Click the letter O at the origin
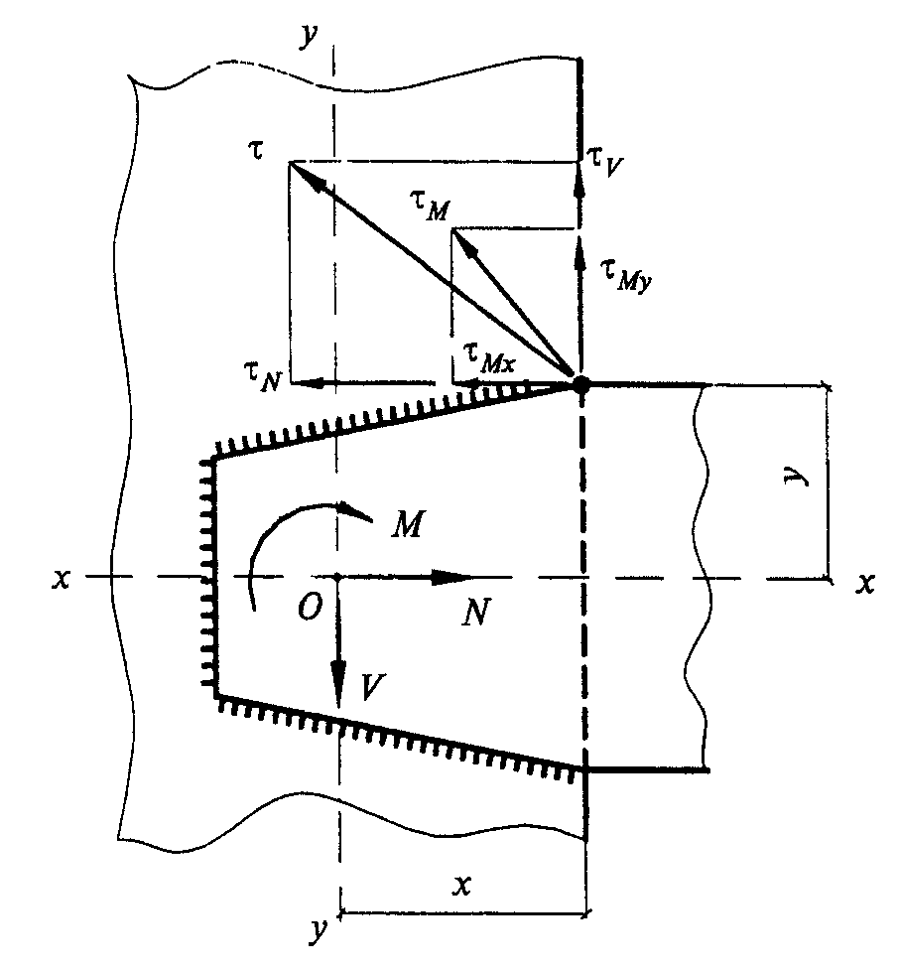tap(310, 608)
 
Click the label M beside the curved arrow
tap(407, 524)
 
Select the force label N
tap(476, 613)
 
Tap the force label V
tap(373, 687)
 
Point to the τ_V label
tap(605, 162)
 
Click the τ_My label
tap(626, 275)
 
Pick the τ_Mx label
tap(489, 358)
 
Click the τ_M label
tap(430, 207)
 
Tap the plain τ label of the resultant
tap(256, 150)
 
